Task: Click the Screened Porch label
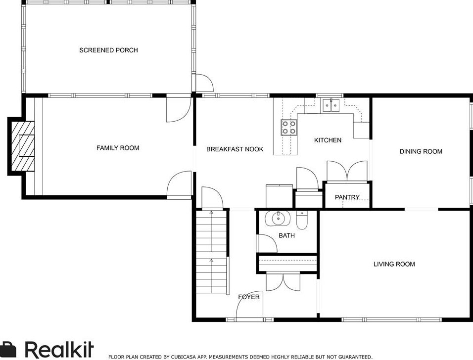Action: click(108, 50)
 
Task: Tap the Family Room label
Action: click(118, 148)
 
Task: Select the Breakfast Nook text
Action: click(235, 149)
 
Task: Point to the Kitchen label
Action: click(328, 140)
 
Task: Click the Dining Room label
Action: click(421, 152)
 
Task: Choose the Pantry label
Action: click(347, 197)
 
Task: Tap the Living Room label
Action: click(394, 265)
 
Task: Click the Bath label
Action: click(286, 235)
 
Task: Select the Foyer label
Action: click(249, 297)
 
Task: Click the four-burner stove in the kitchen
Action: click(289, 127)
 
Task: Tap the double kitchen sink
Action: click(331, 105)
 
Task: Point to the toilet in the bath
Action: click(302, 220)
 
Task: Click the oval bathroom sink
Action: click(278, 218)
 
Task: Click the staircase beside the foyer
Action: click(211, 252)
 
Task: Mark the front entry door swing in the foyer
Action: click(249, 305)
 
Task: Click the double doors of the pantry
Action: click(347, 171)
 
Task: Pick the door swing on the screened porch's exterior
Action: click(204, 83)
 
